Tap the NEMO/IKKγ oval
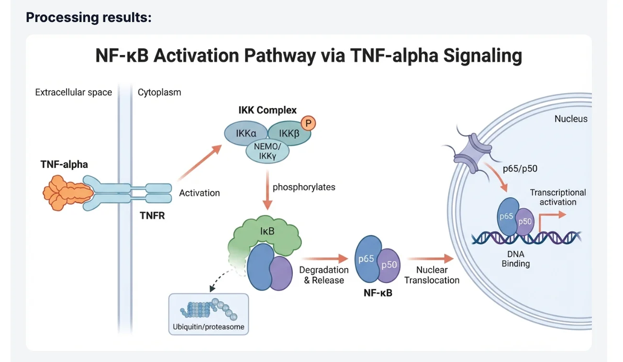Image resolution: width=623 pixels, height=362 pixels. (267, 152)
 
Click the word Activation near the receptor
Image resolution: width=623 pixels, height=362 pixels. (200, 193)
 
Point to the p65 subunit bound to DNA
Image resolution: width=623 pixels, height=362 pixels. (507, 216)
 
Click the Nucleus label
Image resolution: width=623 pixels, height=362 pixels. (571, 119)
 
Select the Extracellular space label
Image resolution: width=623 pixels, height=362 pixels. (74, 92)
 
